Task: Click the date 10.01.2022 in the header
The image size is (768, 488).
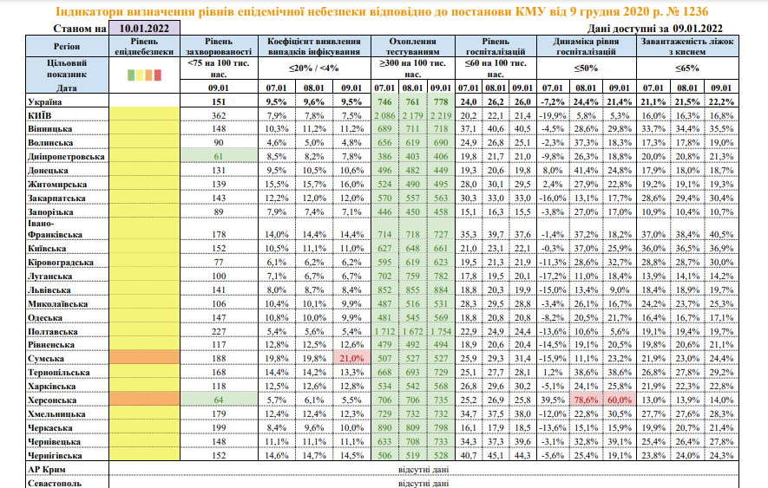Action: [145, 29]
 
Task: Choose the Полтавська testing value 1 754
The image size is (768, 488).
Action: [441, 331]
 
